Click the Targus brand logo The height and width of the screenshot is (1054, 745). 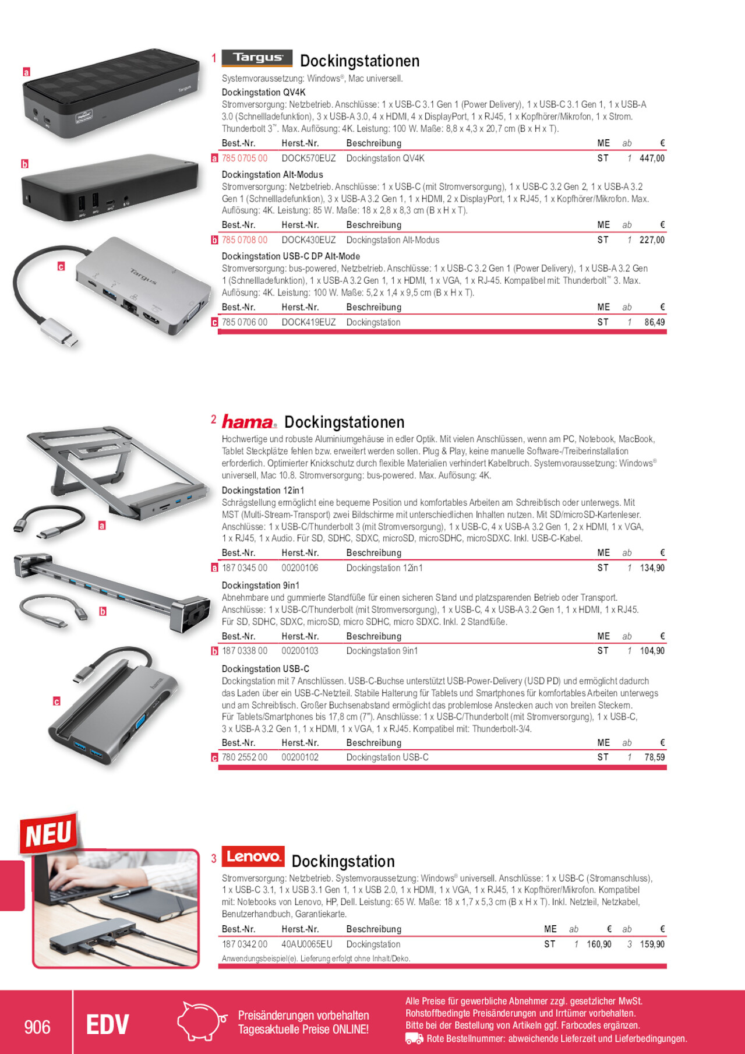pos(257,58)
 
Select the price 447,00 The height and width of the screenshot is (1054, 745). pos(652,158)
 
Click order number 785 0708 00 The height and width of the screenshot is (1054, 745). pos(245,240)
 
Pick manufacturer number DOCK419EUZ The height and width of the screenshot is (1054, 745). pos(309,322)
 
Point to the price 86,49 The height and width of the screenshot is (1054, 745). pos(654,322)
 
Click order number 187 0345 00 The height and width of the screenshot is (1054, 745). pos(245,568)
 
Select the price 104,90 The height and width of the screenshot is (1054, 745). pos(652,651)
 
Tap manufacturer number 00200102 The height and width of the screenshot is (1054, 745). pos(300,757)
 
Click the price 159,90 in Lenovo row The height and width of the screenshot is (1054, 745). pos(652,944)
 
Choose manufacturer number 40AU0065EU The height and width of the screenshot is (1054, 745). pos(307,944)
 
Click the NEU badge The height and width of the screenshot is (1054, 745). pos(49,834)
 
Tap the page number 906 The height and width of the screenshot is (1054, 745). pos(37,1027)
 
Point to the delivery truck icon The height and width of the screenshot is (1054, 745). pos(414,1039)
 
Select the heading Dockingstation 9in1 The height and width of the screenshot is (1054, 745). pos(260,586)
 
